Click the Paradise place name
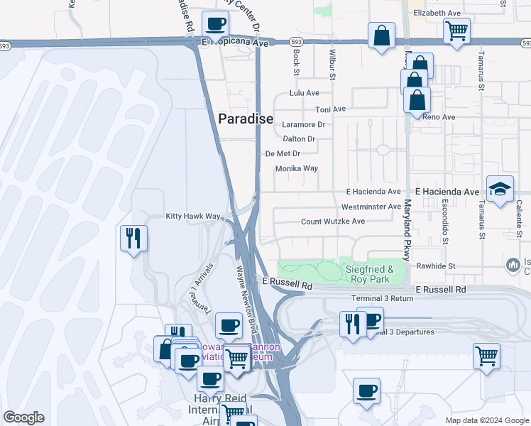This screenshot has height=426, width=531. [245, 119]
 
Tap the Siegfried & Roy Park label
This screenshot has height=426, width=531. [369, 274]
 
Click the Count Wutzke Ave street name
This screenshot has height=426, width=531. [333, 222]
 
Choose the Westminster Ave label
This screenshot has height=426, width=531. [371, 207]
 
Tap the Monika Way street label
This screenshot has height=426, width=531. [297, 169]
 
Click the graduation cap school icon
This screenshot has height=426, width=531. [500, 189]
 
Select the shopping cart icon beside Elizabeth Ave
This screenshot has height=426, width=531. [456, 30]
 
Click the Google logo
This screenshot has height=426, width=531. [23, 417]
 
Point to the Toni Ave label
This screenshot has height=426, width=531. [330, 109]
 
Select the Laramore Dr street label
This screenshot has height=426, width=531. [303, 124]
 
